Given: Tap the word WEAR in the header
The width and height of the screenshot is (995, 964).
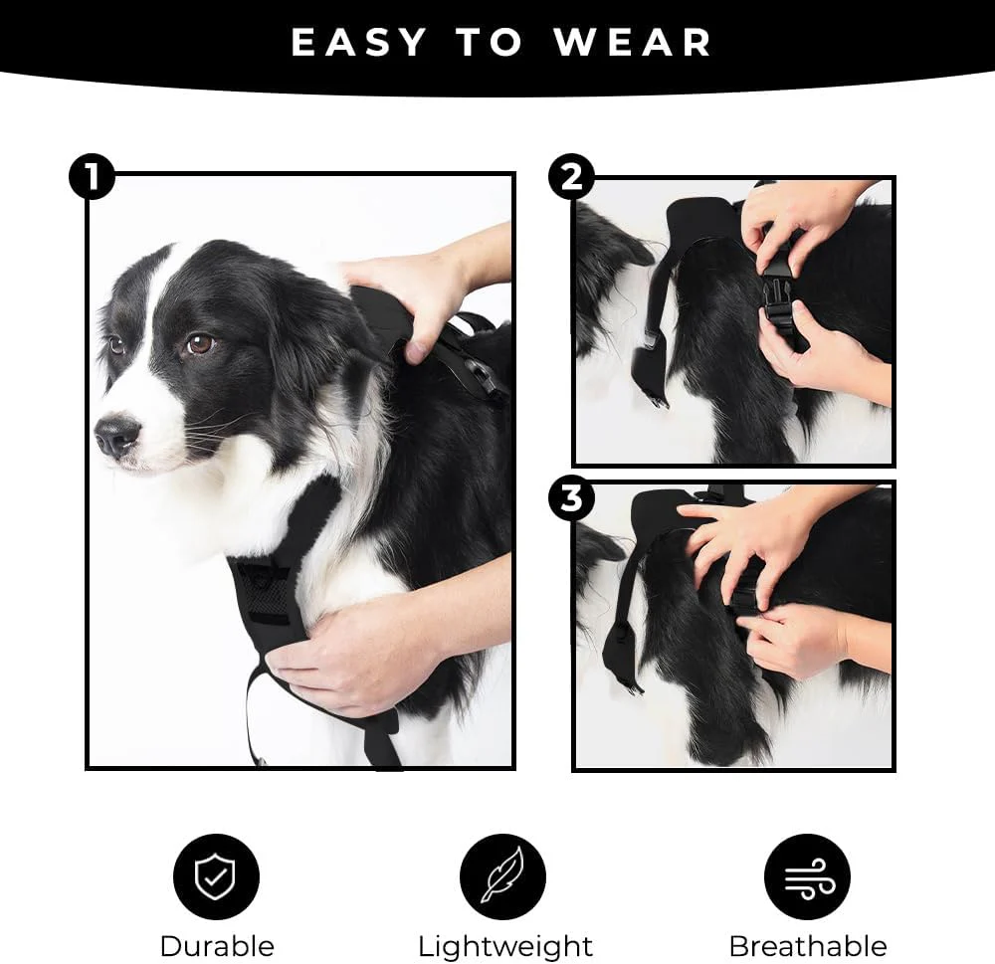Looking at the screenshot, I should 633,43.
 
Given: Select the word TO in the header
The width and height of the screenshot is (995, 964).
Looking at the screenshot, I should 491,43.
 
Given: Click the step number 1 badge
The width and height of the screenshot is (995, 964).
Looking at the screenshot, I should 92,178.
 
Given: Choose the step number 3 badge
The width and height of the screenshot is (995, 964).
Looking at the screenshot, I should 571,498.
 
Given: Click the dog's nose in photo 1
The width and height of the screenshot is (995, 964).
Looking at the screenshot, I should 116,434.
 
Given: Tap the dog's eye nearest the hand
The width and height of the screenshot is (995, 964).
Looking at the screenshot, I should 199,343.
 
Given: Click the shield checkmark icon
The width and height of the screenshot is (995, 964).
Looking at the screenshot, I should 216,876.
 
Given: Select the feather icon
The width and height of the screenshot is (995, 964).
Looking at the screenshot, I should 501,876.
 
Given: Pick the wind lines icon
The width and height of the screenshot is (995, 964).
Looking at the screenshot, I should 806,876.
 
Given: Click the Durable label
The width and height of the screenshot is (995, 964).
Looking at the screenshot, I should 216,945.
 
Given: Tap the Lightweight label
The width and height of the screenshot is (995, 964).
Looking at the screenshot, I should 504,945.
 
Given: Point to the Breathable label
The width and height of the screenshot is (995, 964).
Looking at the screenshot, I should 807,945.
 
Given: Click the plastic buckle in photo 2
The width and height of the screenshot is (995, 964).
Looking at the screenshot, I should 779,293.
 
